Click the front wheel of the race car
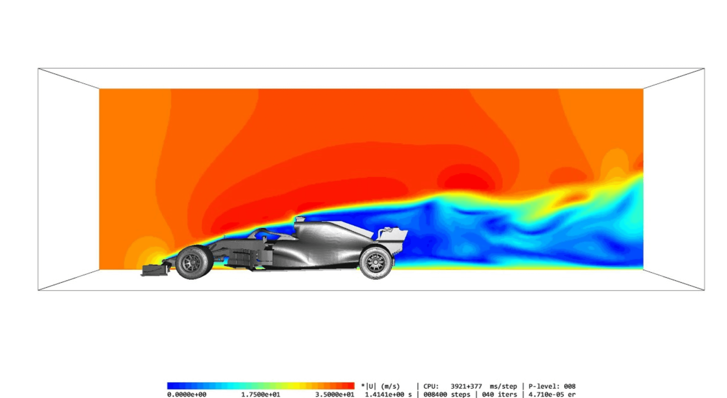click(x=194, y=262)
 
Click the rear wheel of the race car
click(x=376, y=263)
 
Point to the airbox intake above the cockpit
click(x=300, y=219)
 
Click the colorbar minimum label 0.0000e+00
click(x=187, y=395)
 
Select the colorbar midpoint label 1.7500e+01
click(x=260, y=395)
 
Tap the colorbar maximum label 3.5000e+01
click(x=335, y=395)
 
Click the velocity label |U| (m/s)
click(x=383, y=386)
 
